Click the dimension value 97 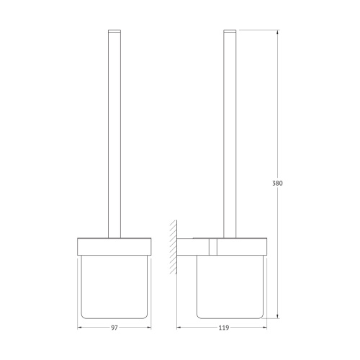(x=114, y=328)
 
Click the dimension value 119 (x=224, y=328)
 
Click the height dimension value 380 (x=278, y=184)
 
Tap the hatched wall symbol (x=174, y=247)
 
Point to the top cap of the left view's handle (x=114, y=31)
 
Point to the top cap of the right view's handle (x=230, y=31)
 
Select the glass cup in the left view (x=114, y=287)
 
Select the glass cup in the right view (x=230, y=287)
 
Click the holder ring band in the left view (x=114, y=246)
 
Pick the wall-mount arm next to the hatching (x=193, y=247)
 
